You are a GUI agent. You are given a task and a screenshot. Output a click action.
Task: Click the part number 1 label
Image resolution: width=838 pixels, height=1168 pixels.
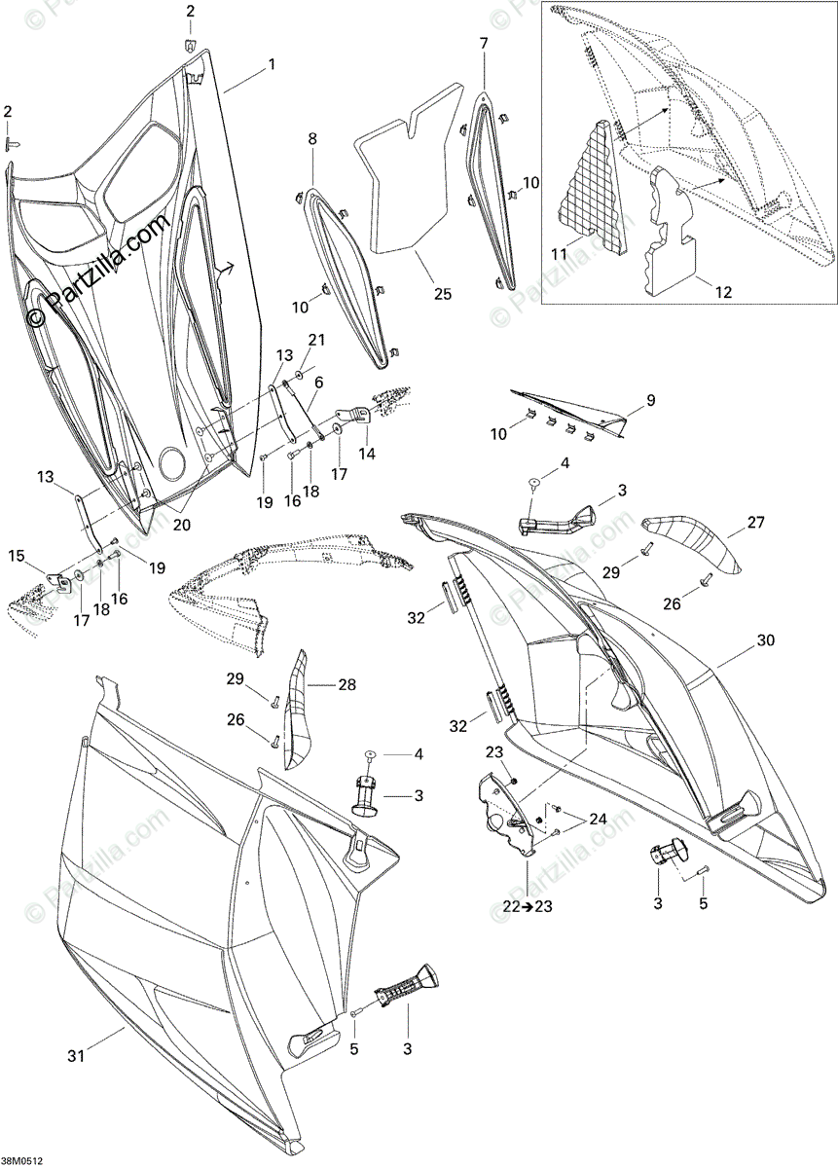272,64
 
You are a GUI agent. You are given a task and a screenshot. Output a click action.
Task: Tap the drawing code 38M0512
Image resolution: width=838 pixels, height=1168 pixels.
22,1160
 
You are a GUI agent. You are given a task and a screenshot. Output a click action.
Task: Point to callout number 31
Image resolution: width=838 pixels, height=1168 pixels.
75,1055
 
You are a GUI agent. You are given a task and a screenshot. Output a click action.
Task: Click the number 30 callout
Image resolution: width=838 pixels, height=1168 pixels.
765,640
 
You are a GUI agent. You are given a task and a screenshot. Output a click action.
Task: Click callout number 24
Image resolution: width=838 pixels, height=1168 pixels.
598,820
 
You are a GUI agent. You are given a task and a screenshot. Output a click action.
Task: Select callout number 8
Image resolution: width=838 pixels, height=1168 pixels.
312,139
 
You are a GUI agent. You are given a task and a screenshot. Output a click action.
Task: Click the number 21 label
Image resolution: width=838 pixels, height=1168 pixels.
314,339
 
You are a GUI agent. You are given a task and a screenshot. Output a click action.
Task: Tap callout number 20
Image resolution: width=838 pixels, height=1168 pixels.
181,524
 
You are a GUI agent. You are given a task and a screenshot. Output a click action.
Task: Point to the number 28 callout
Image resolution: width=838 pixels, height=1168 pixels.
347,685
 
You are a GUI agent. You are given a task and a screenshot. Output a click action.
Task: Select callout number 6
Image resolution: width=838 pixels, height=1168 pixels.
318,383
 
